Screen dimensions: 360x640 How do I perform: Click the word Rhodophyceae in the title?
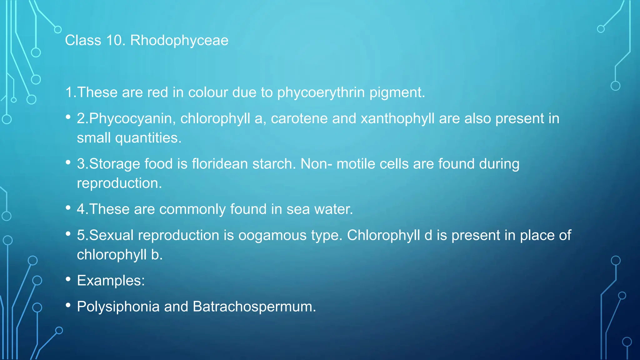(x=179, y=41)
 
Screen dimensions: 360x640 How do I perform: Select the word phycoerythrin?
(x=321, y=92)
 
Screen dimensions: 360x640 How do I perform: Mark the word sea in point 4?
(x=298, y=209)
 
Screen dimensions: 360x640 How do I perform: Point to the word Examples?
(x=111, y=281)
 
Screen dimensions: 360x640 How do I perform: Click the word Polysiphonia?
(x=118, y=307)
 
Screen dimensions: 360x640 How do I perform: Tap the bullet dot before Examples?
(x=68, y=279)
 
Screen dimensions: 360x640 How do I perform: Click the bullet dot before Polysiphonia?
(x=68, y=305)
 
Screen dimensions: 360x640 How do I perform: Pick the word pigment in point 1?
(x=397, y=92)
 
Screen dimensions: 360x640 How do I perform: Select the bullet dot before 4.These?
(x=68, y=207)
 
